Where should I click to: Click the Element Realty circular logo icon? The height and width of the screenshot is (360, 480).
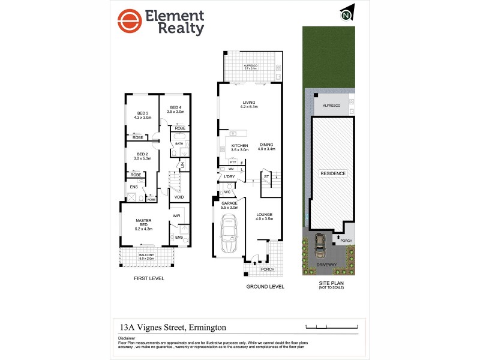pyautogui.click(x=130, y=22)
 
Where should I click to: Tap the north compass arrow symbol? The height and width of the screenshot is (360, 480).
pyautogui.click(x=346, y=13)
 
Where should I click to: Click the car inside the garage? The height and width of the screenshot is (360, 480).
pyautogui.click(x=228, y=235)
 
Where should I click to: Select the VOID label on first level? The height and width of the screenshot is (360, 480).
pyautogui.click(x=179, y=197)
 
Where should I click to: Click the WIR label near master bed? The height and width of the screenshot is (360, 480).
pyautogui.click(x=176, y=215)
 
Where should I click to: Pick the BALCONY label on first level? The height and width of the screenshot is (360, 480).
pyautogui.click(x=146, y=257)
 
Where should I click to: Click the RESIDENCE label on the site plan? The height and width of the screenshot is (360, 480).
pyautogui.click(x=332, y=173)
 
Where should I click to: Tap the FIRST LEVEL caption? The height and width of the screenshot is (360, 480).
pyautogui.click(x=149, y=279)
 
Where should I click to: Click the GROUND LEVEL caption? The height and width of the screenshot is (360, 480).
pyautogui.click(x=265, y=287)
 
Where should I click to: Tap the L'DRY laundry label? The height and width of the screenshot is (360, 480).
pyautogui.click(x=229, y=177)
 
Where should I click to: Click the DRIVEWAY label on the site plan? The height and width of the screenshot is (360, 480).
pyautogui.click(x=326, y=264)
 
